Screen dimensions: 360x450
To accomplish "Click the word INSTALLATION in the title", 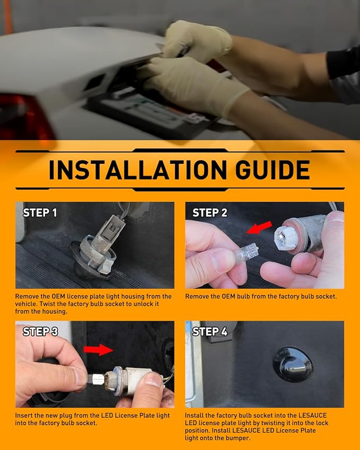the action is click(138, 170).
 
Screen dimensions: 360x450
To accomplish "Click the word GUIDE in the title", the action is click(273, 170).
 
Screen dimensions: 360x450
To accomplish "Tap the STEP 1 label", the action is click(40, 213).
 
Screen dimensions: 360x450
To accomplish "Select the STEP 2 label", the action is click(210, 213).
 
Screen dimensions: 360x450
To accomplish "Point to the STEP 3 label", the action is click(40, 331).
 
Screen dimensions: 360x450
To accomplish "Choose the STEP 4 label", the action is click(210, 331).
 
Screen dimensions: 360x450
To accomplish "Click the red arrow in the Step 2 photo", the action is click(259, 227).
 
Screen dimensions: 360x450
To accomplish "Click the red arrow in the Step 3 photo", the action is click(99, 349).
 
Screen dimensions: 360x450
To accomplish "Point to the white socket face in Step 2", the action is click(285, 236).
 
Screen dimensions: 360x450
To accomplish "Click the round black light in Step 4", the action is click(292, 365).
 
